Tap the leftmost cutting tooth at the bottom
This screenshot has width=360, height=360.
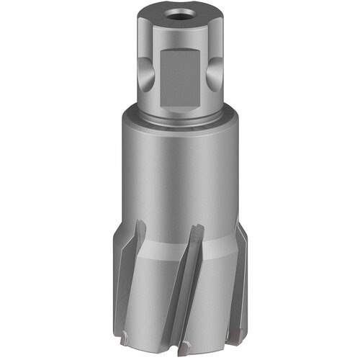point(127,333)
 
